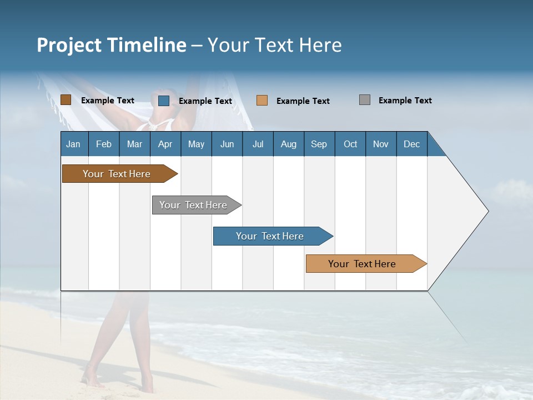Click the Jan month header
click(x=74, y=144)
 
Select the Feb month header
click(x=104, y=144)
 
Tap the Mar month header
click(x=134, y=144)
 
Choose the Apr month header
click(x=165, y=144)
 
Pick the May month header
click(x=196, y=144)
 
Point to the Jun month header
click(x=227, y=144)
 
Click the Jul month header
click(x=258, y=144)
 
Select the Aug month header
click(x=289, y=144)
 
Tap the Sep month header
click(x=319, y=144)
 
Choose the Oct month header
click(x=350, y=144)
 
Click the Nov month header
click(x=381, y=144)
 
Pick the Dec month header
click(x=412, y=144)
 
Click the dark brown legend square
click(x=66, y=100)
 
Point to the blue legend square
click(x=164, y=101)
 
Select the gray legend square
click(x=365, y=100)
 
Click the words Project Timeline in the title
click(x=111, y=45)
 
